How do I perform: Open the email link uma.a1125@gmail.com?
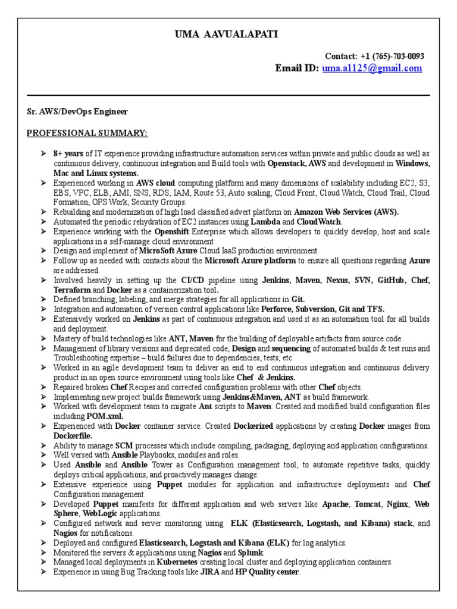tap(372, 68)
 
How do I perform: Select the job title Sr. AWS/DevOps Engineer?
tap(77, 111)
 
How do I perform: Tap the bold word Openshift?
tap(174, 231)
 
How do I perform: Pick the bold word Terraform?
tap(73, 288)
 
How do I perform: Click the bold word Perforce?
tap(280, 309)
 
